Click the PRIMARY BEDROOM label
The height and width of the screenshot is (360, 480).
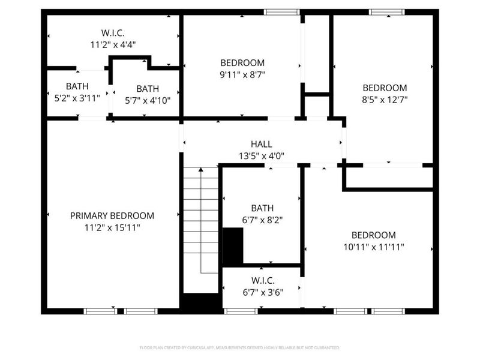[x=112, y=216]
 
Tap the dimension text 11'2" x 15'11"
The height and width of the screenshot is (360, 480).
[x=112, y=228]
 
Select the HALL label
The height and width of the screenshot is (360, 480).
[x=261, y=144]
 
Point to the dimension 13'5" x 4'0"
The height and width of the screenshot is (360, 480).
[x=261, y=156]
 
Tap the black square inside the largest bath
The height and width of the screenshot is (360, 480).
[x=233, y=246]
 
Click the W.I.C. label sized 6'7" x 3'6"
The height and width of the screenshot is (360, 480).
[x=262, y=281]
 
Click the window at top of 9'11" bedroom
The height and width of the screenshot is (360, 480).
[x=281, y=12]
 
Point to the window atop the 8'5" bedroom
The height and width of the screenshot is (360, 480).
[x=386, y=12]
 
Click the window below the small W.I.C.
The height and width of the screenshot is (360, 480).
[x=241, y=311]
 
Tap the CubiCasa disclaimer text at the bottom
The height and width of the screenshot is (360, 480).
[x=240, y=347]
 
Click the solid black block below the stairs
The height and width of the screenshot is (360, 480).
[x=201, y=303]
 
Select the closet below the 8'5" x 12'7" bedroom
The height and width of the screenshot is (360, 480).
[x=389, y=178]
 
